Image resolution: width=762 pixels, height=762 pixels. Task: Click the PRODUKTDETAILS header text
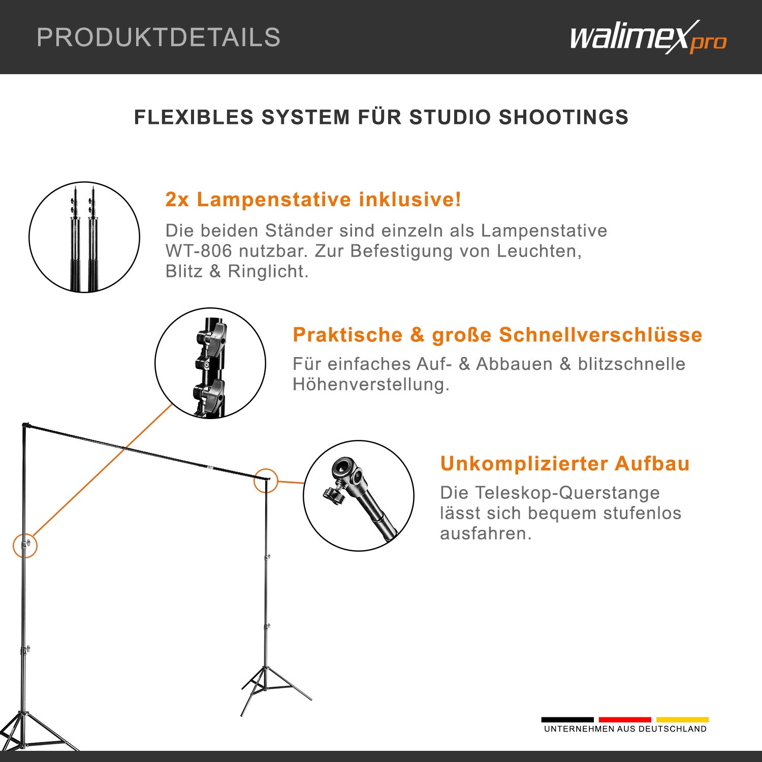click(158, 38)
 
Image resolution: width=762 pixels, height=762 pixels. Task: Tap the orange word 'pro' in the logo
click(708, 43)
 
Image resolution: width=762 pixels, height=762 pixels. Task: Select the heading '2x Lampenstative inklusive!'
click(313, 200)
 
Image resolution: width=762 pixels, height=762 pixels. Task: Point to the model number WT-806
click(199, 251)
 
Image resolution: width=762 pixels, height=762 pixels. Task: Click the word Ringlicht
click(268, 271)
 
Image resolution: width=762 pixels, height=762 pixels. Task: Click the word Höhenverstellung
click(371, 385)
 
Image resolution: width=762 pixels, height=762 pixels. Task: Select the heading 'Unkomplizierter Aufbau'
click(565, 464)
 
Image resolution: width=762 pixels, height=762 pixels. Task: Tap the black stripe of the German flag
click(567, 719)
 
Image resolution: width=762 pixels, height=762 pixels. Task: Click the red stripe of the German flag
click(625, 719)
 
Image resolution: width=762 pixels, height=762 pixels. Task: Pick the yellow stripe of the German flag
click(682, 719)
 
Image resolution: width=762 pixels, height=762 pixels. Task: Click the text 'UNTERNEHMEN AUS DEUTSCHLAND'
click(625, 729)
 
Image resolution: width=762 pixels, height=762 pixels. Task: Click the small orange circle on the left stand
click(25, 546)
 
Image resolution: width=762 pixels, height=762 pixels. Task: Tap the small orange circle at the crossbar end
click(266, 480)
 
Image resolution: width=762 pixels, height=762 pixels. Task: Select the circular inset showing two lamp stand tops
click(84, 237)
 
